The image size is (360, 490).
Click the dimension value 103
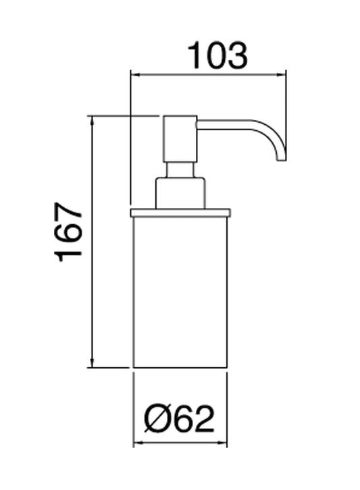[x=217, y=55]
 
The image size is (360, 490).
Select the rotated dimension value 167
[x=70, y=232]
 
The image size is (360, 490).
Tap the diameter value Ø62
[x=179, y=419]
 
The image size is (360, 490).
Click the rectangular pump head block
[x=180, y=139]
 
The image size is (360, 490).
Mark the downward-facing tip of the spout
[x=282, y=159]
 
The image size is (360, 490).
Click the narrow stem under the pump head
[x=180, y=169]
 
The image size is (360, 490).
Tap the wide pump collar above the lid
[x=180, y=193]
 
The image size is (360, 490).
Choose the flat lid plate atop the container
[x=180, y=213]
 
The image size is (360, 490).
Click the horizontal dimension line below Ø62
[x=180, y=444]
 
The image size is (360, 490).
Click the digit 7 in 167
[x=70, y=211]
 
